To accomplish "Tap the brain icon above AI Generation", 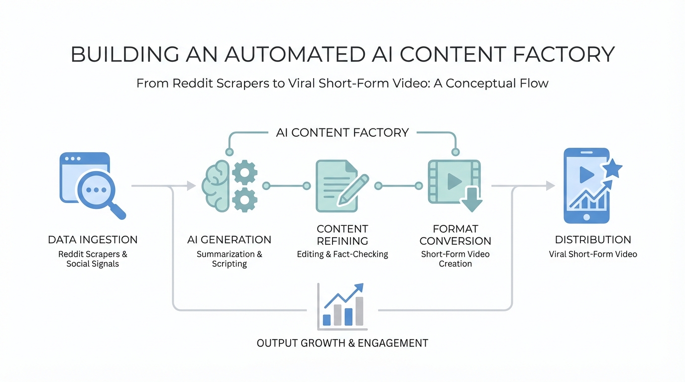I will pos(215,185).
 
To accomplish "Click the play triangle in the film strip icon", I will pos(454,182).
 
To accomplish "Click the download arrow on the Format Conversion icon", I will pos(471,200).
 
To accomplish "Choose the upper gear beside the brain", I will pos(245,173).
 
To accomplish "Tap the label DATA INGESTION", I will pos(93,240).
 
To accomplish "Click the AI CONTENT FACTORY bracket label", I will pos(342,133).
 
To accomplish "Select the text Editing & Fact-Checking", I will pos(342,254).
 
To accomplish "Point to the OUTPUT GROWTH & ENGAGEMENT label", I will pos(342,343).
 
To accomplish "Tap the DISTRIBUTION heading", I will pos(593,240).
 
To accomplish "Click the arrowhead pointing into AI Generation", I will pos(191,186).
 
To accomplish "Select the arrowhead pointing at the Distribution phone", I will pos(550,186).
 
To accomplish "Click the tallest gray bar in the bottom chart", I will pos(358,311).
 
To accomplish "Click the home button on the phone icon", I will pos(586,217).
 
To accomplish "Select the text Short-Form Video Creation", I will pos(455,259).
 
